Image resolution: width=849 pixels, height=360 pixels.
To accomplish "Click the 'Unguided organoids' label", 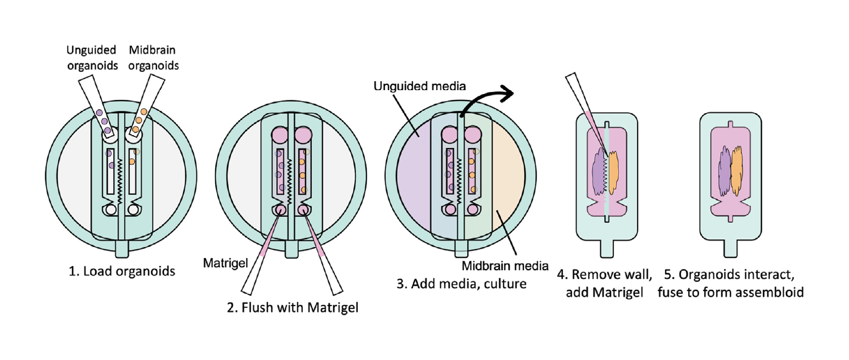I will click(x=92, y=58).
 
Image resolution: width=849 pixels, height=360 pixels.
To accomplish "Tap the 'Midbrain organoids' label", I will click(x=153, y=58).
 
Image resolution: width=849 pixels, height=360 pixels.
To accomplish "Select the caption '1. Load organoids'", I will click(x=122, y=271).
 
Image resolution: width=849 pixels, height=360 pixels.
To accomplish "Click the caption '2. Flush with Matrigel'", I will click(x=293, y=307).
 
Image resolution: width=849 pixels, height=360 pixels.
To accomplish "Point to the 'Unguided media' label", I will click(x=419, y=86).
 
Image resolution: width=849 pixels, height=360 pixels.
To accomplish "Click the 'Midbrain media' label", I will click(x=505, y=266).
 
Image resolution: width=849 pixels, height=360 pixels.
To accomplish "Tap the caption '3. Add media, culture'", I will click(x=461, y=284).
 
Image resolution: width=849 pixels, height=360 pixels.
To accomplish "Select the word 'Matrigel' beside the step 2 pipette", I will click(x=225, y=263).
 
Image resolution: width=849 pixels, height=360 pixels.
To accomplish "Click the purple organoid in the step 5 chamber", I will click(x=724, y=171).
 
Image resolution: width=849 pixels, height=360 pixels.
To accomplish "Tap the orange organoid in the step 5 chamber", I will click(x=737, y=171).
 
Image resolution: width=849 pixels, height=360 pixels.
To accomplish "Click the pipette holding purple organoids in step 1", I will click(x=97, y=106).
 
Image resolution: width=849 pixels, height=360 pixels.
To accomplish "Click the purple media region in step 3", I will click(x=414, y=177).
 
